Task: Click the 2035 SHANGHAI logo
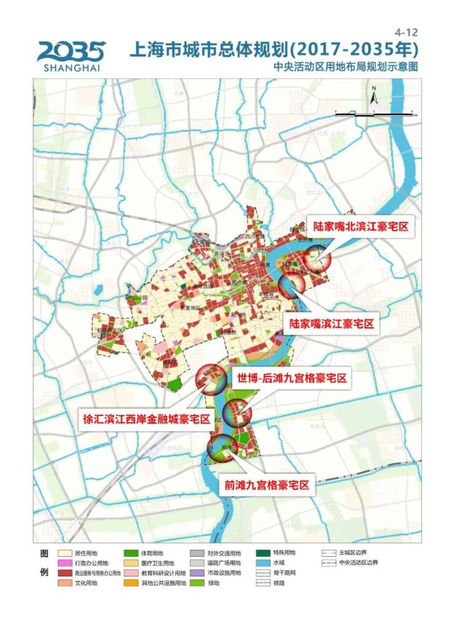pyautogui.click(x=71, y=55)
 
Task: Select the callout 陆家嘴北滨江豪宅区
pyautogui.click(x=360, y=227)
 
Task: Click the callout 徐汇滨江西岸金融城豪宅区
pyautogui.click(x=147, y=420)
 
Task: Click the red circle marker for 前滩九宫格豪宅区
pyautogui.click(x=222, y=449)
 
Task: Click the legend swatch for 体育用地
pyautogui.click(x=132, y=553)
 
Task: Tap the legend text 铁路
pyautogui.click(x=349, y=583)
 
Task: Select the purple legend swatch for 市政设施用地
pyautogui.click(x=197, y=573)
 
